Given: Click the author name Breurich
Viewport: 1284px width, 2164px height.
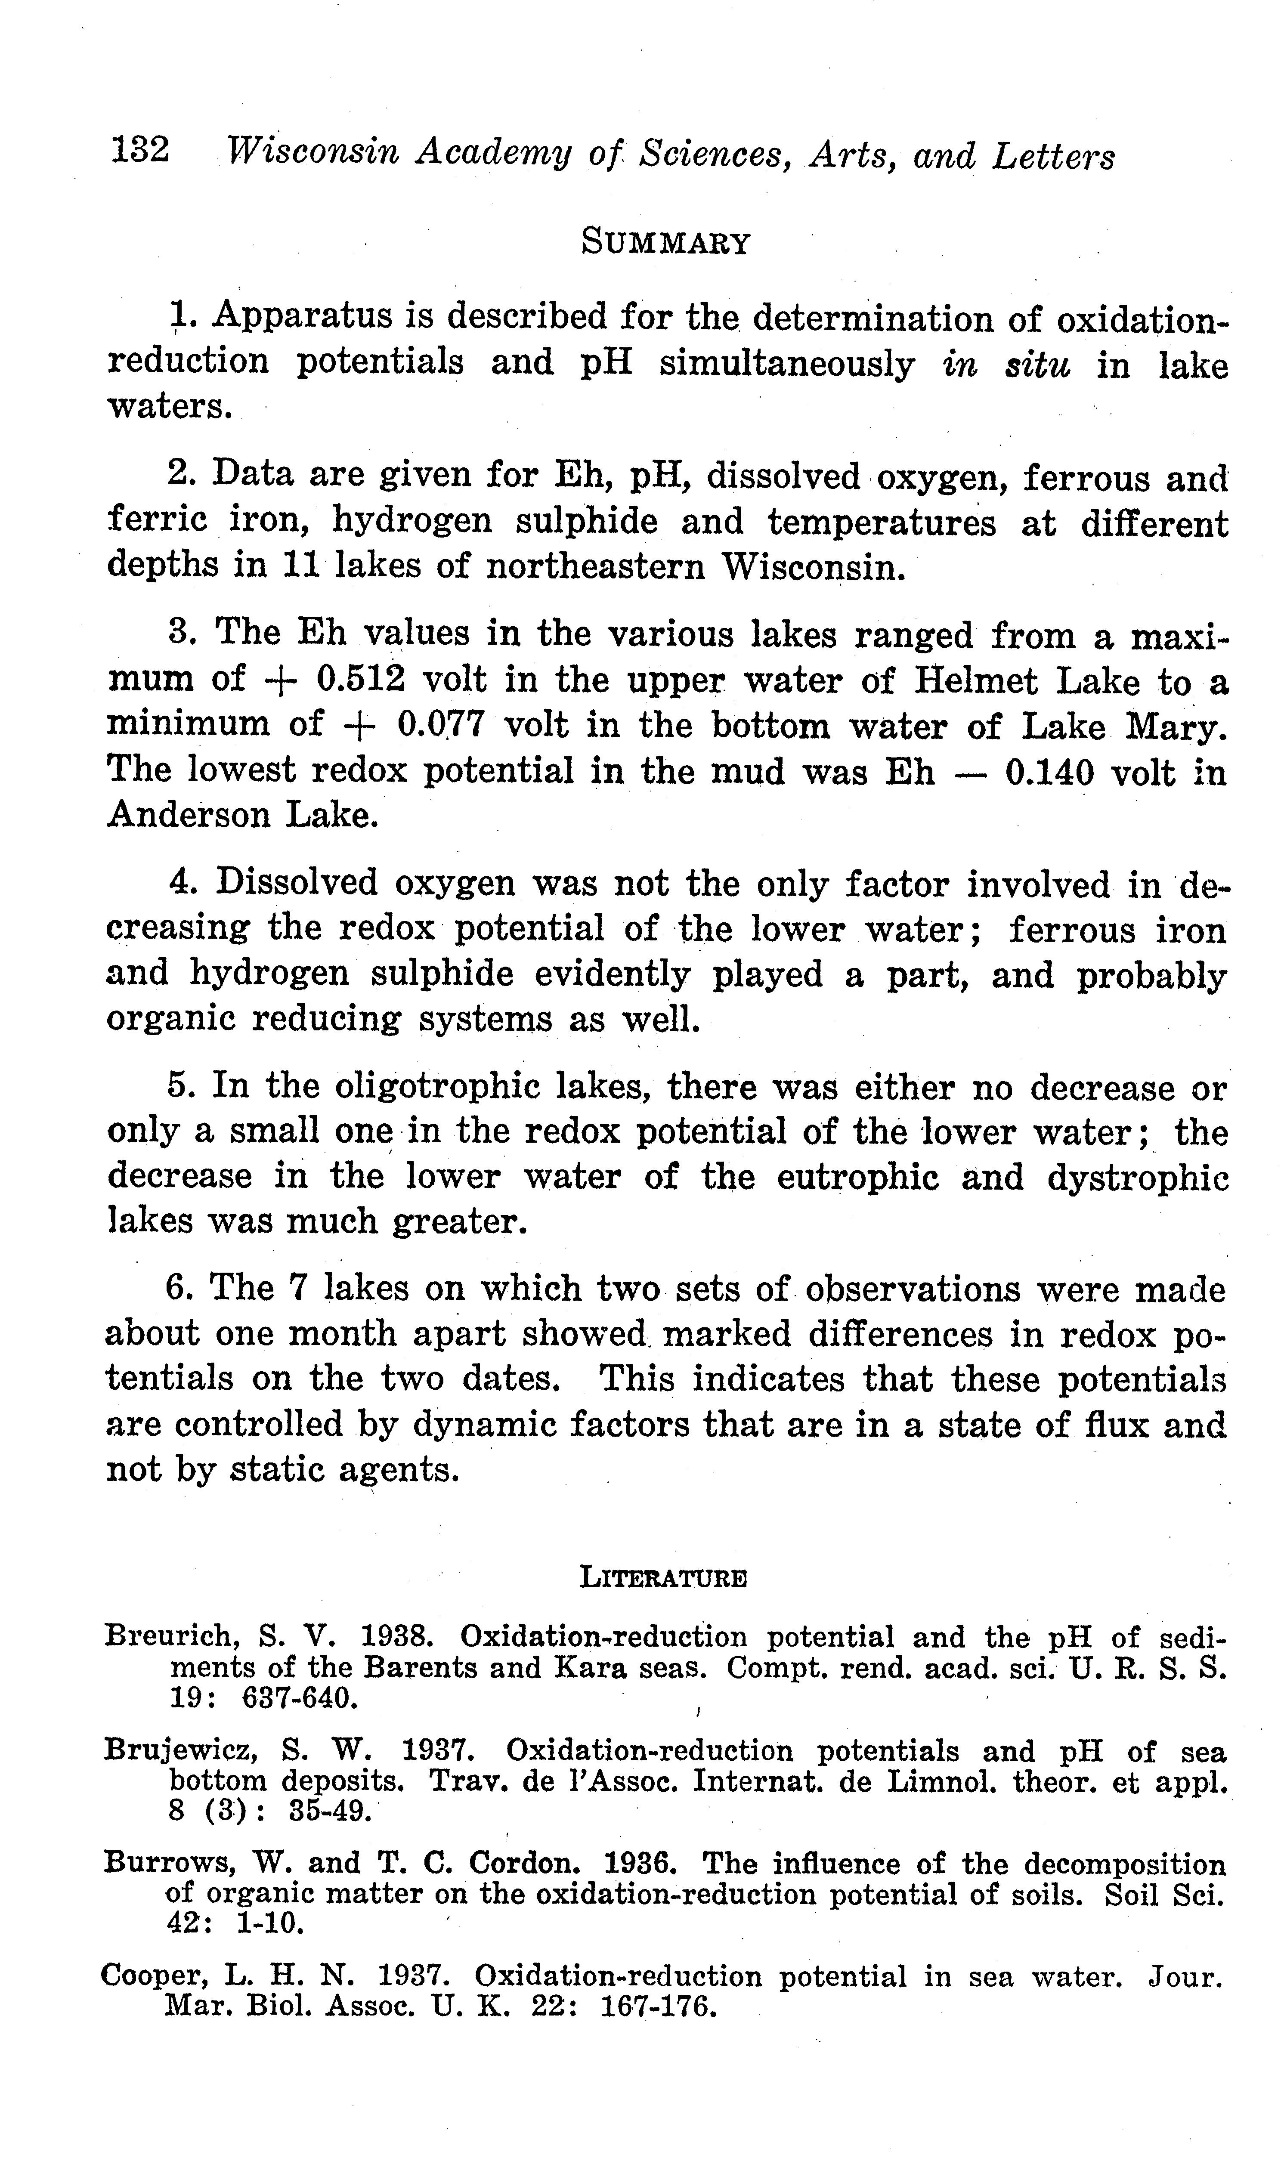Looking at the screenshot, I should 170,1636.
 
